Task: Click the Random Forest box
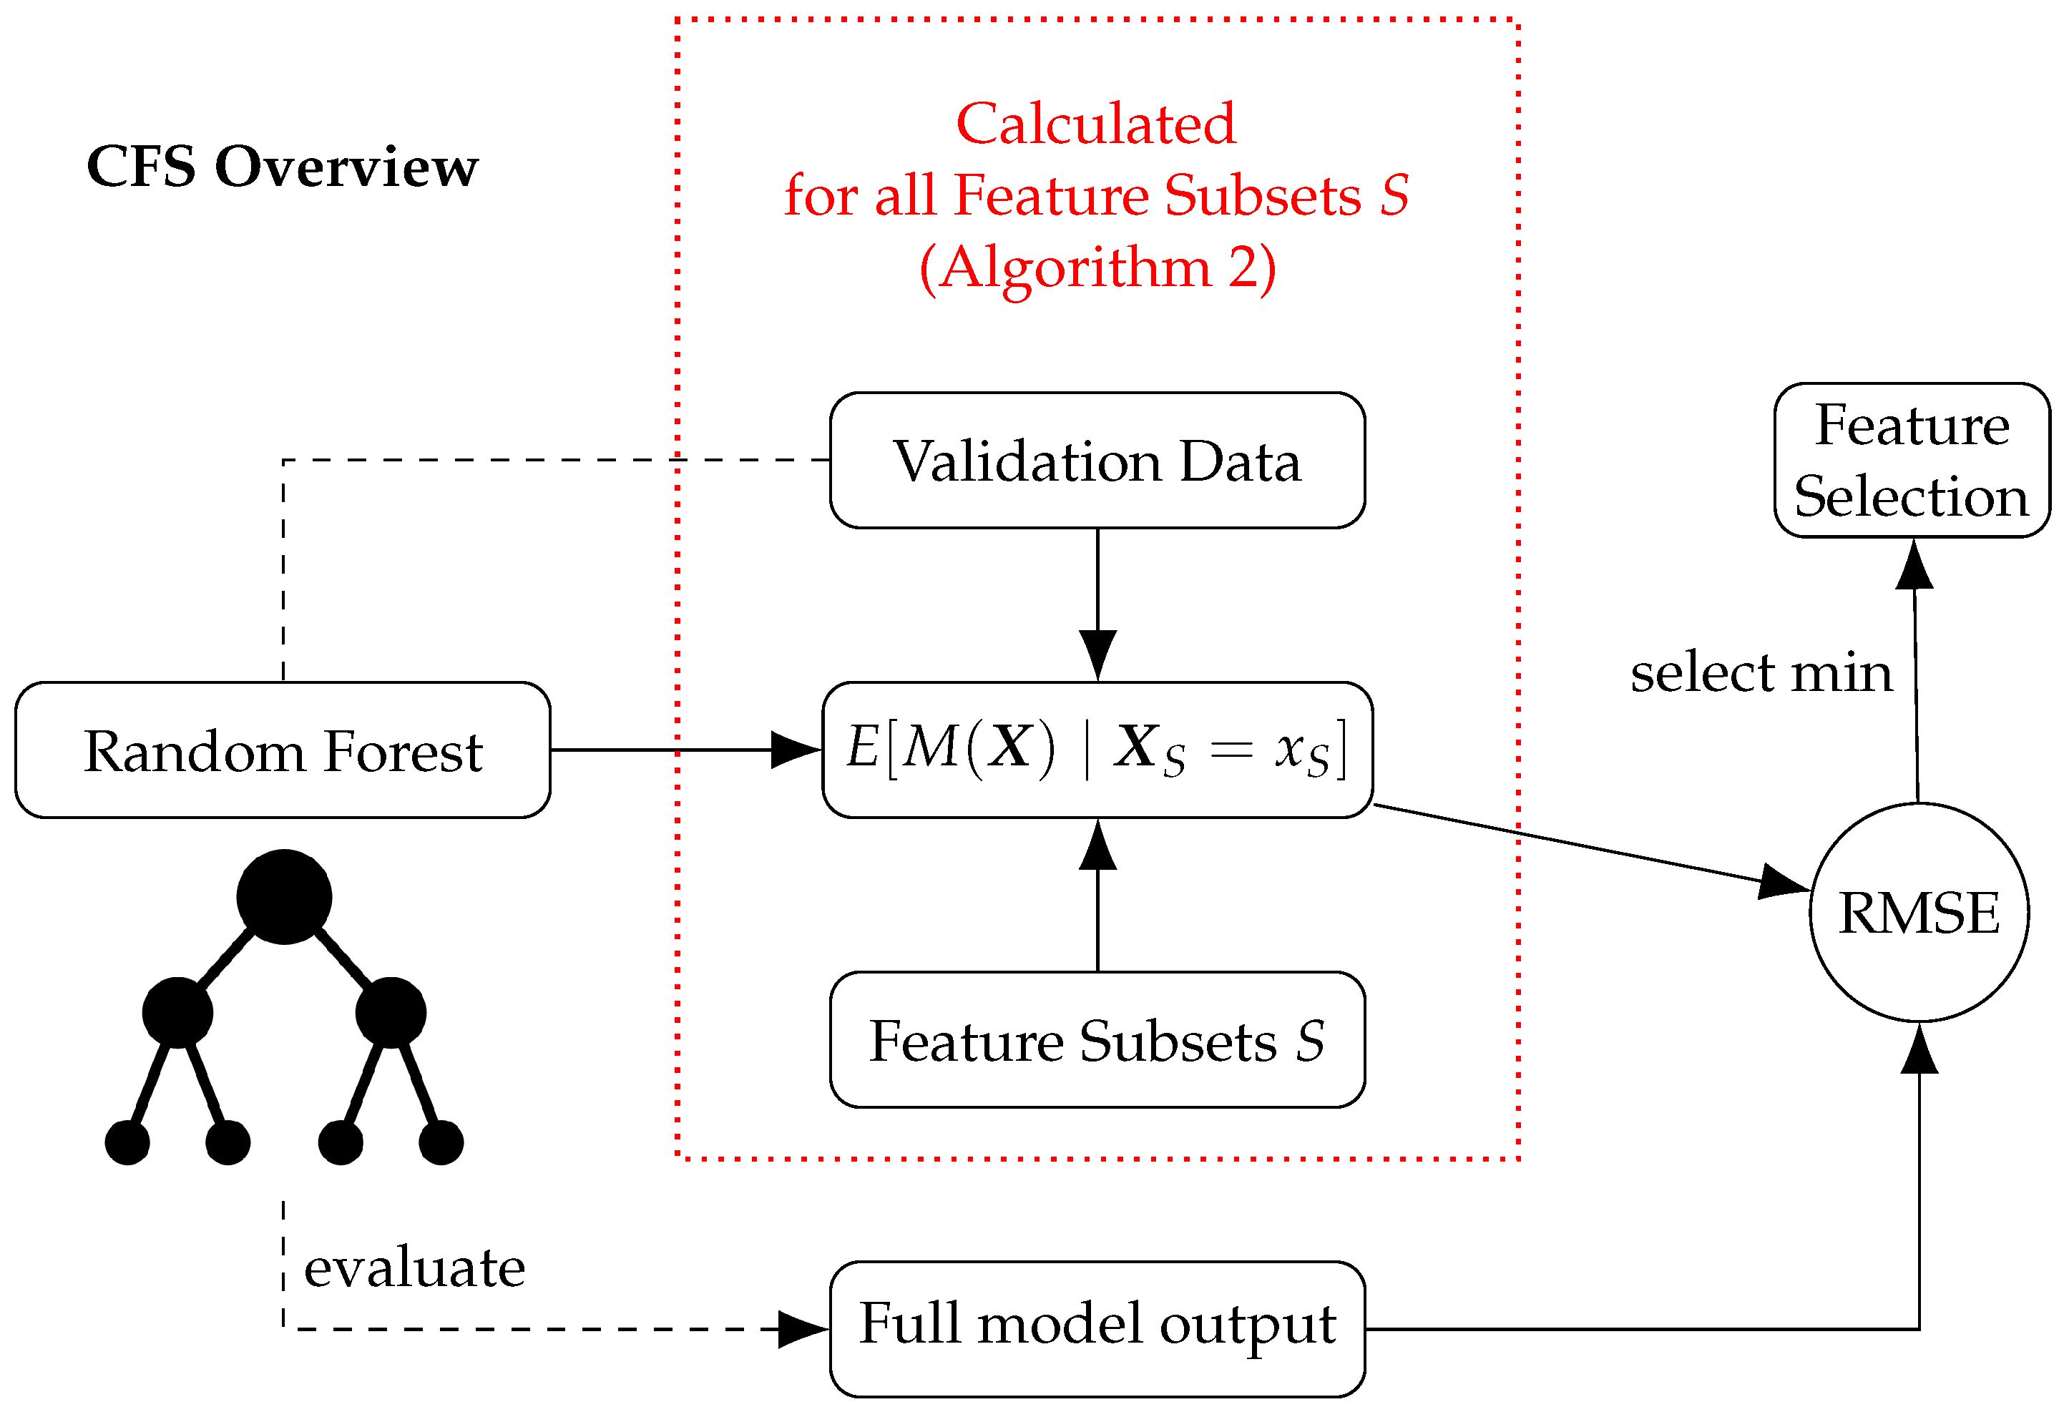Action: (283, 750)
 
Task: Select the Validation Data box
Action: (1097, 461)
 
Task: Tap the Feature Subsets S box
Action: (1097, 1040)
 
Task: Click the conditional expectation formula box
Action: (1097, 750)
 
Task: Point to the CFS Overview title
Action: (283, 166)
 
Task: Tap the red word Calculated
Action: (1095, 124)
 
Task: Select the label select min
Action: (1761, 672)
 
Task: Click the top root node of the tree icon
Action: (284, 897)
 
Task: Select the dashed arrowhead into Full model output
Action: (802, 1330)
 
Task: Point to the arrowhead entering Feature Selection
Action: (1914, 566)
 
